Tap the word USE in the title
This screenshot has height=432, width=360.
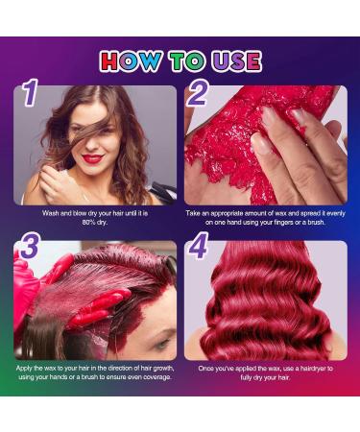pos(231,62)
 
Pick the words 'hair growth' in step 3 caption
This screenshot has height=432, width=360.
pos(150,368)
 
